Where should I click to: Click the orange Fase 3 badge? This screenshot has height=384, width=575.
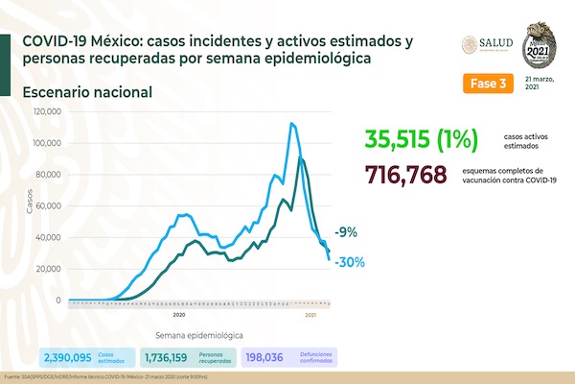489,84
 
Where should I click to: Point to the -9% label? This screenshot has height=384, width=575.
346,232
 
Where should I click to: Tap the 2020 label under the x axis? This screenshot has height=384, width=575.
179,314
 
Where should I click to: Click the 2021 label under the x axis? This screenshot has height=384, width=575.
311,314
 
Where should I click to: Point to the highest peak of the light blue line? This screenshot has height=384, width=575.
291,123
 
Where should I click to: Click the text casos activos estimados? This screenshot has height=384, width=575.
531,142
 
